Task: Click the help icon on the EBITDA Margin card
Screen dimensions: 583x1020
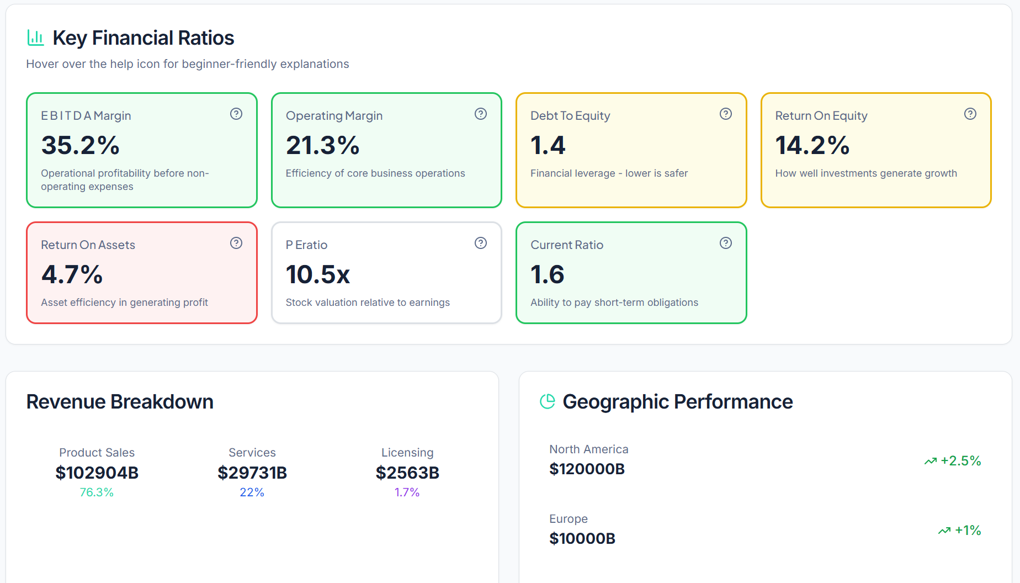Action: pyautogui.click(x=236, y=114)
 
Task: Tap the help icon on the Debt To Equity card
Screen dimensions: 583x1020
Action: pyautogui.click(x=726, y=114)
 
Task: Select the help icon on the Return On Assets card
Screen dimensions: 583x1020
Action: pyautogui.click(x=236, y=243)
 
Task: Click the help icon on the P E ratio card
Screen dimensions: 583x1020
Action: pyautogui.click(x=481, y=243)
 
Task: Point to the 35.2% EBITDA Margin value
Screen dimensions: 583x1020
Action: pyautogui.click(x=81, y=146)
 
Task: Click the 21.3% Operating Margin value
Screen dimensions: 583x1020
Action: pyautogui.click(x=323, y=146)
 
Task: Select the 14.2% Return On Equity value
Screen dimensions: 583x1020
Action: pyautogui.click(x=812, y=146)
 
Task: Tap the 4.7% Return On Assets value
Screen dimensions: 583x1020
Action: pyautogui.click(x=72, y=275)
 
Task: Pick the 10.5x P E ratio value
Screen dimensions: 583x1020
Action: pyautogui.click(x=318, y=275)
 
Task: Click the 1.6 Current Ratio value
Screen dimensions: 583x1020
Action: pyautogui.click(x=548, y=275)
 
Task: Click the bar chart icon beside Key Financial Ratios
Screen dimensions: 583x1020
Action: pyautogui.click(x=36, y=38)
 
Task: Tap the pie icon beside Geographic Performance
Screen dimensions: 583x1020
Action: pyautogui.click(x=548, y=401)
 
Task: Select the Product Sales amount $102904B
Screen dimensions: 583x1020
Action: pyautogui.click(x=97, y=473)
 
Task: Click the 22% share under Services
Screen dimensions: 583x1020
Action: pyautogui.click(x=252, y=492)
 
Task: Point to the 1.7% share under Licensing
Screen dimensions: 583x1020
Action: pyautogui.click(x=407, y=492)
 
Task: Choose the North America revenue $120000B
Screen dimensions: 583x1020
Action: pyautogui.click(x=587, y=469)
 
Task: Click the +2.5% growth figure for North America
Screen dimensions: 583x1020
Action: pyautogui.click(x=960, y=461)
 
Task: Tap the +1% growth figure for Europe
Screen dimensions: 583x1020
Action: pyautogui.click(x=968, y=531)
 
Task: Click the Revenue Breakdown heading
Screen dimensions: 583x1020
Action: pyautogui.click(x=120, y=402)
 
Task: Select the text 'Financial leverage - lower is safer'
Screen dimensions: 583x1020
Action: pyautogui.click(x=609, y=173)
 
